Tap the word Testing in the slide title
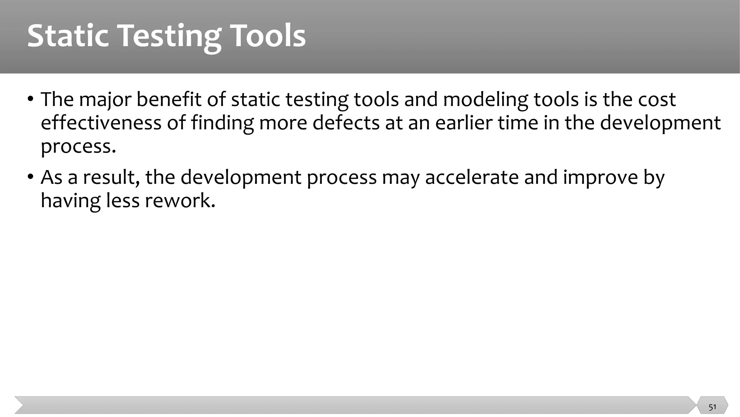[169, 36]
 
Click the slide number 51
[712, 407]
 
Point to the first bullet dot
[31, 99]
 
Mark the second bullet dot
[31, 177]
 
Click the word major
[105, 99]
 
